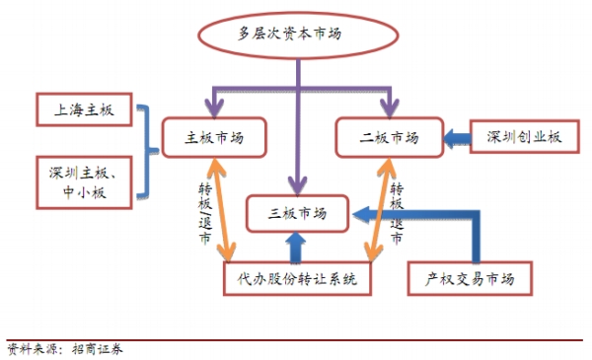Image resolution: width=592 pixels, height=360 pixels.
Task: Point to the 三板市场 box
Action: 296,211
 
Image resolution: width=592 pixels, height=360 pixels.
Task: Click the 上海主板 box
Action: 83,110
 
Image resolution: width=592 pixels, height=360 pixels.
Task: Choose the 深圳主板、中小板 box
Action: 83,181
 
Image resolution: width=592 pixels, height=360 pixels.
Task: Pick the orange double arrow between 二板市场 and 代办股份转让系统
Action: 373,212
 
